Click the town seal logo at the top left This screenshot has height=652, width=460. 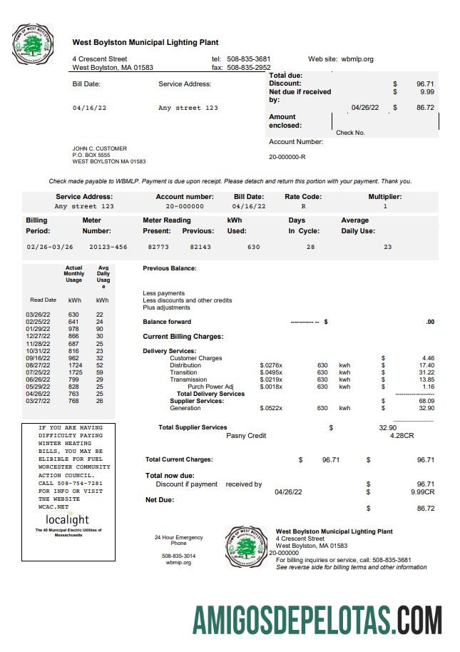click(x=33, y=44)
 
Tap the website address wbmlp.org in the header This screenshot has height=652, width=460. click(x=357, y=59)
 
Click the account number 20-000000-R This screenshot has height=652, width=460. click(x=287, y=157)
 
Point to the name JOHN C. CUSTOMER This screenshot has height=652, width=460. click(x=99, y=148)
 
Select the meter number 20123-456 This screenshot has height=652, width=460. click(x=108, y=246)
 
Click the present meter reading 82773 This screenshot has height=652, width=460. click(x=158, y=246)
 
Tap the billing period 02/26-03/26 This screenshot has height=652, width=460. click(x=50, y=246)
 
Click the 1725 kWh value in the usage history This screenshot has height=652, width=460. click(x=74, y=372)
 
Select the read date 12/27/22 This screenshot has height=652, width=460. click(x=38, y=336)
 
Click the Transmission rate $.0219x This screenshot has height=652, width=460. click(x=271, y=380)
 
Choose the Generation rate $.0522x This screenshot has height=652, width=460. click(x=271, y=408)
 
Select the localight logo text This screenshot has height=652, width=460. click(x=67, y=519)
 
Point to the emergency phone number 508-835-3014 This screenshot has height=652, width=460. click(x=178, y=556)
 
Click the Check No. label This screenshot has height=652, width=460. click(x=350, y=133)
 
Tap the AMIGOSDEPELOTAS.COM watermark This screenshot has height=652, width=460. click(x=317, y=618)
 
